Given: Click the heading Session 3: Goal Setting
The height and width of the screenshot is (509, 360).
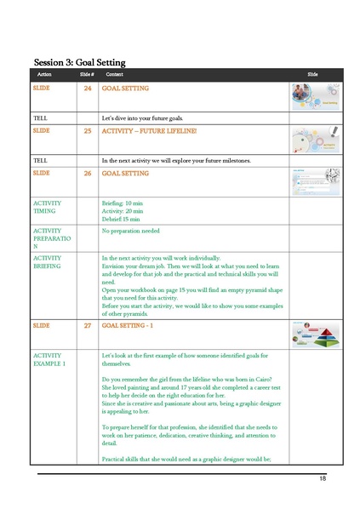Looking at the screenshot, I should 79,62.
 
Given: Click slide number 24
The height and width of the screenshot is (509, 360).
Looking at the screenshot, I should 87,89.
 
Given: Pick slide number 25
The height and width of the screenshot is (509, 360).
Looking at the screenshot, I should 87,131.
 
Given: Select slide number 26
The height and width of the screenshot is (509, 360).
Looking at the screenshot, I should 87,173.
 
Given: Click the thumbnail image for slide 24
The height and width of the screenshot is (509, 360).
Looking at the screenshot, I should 316,96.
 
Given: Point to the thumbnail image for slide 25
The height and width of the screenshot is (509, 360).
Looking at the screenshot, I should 316,140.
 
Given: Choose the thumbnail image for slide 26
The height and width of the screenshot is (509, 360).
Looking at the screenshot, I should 316,182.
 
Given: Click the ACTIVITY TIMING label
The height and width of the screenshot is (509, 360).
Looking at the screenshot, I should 48,209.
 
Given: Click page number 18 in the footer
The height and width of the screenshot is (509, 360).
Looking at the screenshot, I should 323,479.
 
